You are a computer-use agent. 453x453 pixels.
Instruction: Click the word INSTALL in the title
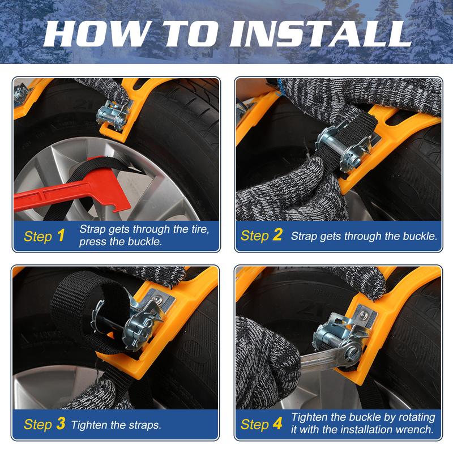tap(320, 34)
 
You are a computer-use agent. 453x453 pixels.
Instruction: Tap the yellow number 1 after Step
tap(61, 236)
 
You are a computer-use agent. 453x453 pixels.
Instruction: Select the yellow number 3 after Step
tap(61, 424)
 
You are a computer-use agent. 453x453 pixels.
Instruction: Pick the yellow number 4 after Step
tap(277, 424)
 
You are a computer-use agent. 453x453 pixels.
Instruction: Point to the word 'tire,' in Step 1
tap(200, 229)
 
